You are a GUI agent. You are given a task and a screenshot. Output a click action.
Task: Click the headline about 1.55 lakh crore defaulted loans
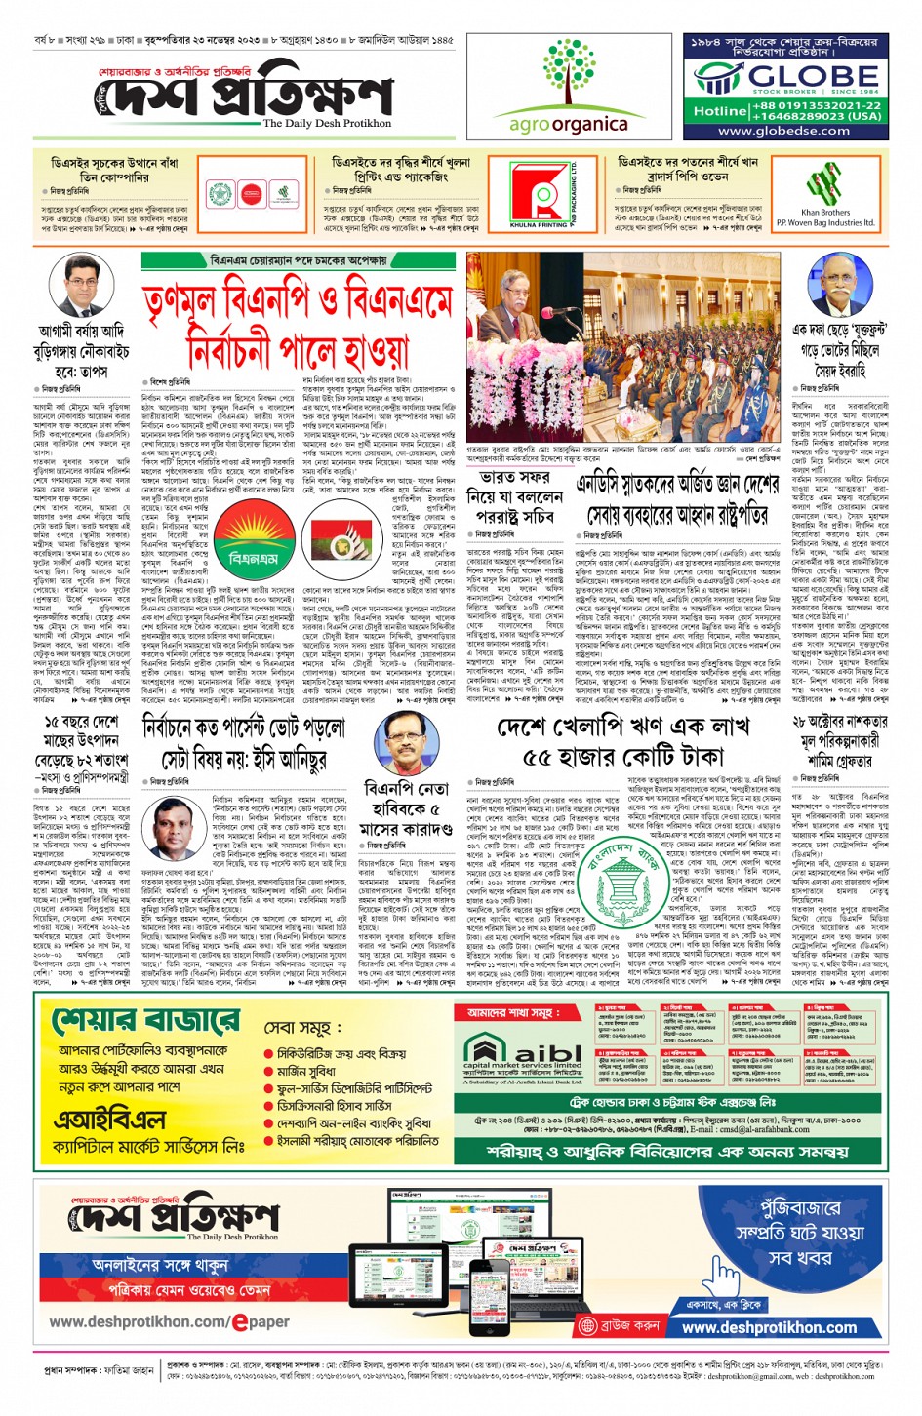pyautogui.click(x=610, y=739)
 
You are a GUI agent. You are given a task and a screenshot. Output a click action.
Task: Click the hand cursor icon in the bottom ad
pyautogui.click(x=725, y=1274)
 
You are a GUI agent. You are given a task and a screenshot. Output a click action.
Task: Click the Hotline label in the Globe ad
pyautogui.click(x=720, y=111)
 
